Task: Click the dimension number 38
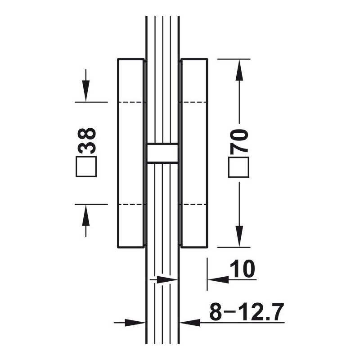coord(86,141)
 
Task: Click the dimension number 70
coord(239,141)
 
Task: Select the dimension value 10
coord(242,269)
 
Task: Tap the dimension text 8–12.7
coord(247,312)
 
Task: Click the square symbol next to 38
coord(86,166)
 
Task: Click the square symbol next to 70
coord(239,167)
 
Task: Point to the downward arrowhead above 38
coord(85,91)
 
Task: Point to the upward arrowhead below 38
coord(85,215)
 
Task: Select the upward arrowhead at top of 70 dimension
coord(239,70)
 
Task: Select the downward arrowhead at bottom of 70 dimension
coord(239,237)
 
